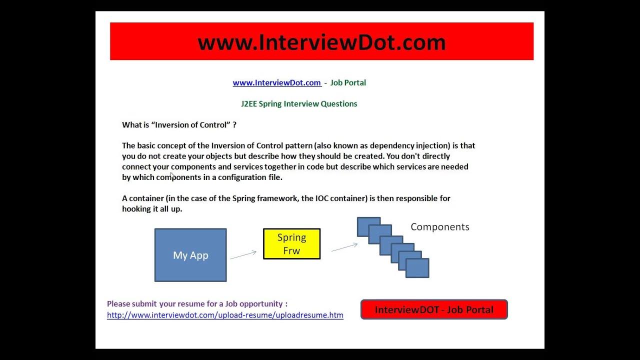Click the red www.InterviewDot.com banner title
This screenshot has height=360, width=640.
tap(321, 42)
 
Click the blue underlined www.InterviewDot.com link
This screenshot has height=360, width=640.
tap(276, 82)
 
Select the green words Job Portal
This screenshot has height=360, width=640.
tap(348, 82)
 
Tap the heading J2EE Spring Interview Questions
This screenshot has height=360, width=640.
tap(299, 103)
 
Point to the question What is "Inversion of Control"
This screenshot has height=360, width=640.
tap(179, 124)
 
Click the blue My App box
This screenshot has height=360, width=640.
tap(190, 255)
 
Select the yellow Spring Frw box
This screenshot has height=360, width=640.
tap(291, 244)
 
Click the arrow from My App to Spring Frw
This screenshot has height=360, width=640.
tap(243, 255)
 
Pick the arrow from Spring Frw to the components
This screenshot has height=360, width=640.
tap(344, 247)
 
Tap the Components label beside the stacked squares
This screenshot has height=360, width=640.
tap(440, 227)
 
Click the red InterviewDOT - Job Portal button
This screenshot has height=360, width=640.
tap(434, 309)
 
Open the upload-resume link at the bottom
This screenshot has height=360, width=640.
tap(225, 315)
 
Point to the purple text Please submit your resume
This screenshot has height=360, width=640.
tap(197, 303)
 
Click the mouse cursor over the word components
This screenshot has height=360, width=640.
tap(172, 175)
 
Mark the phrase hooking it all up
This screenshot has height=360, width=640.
tap(152, 208)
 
